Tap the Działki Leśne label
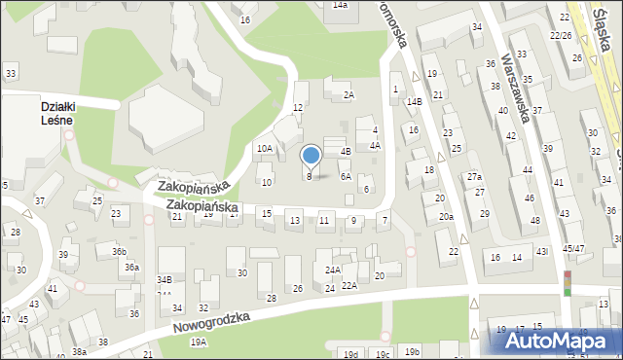point(58,113)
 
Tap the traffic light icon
point(568,283)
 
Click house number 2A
point(348,94)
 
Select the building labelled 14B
point(414,101)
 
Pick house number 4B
point(345,151)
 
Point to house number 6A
point(345,177)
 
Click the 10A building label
point(263,149)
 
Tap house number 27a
point(474,177)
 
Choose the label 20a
point(445,216)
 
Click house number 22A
point(348,286)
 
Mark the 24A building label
point(332,270)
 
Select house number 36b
point(119,251)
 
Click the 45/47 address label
point(572,248)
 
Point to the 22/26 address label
point(561,35)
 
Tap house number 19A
point(199,342)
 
